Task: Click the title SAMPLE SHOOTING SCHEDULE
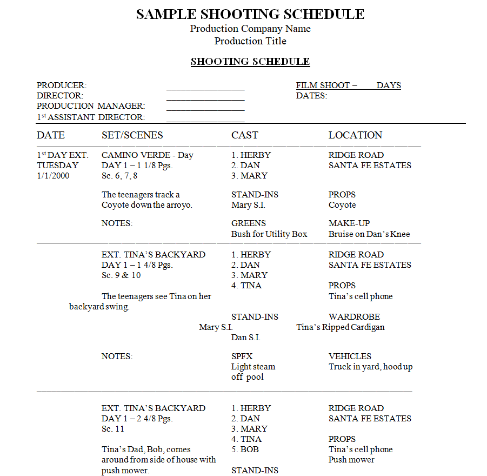250,15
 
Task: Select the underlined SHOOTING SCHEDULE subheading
250,62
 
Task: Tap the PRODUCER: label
62,85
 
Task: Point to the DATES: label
311,96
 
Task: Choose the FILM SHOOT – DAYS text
348,85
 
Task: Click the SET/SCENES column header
132,135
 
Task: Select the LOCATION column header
355,135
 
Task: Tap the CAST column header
244,135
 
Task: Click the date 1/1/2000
53,176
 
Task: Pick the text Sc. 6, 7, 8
119,176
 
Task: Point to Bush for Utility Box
269,234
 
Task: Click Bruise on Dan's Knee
369,234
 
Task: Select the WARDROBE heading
354,317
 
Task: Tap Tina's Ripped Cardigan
341,327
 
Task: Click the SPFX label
242,356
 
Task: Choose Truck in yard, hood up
370,367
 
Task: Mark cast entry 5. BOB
245,449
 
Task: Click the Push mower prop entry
351,460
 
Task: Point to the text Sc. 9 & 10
121,275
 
